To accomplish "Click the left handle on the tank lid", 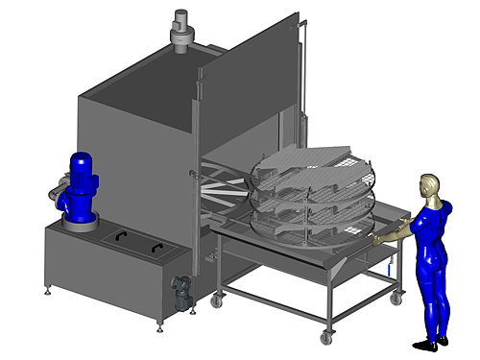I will click(118, 236).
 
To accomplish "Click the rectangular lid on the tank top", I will click(134, 242).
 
